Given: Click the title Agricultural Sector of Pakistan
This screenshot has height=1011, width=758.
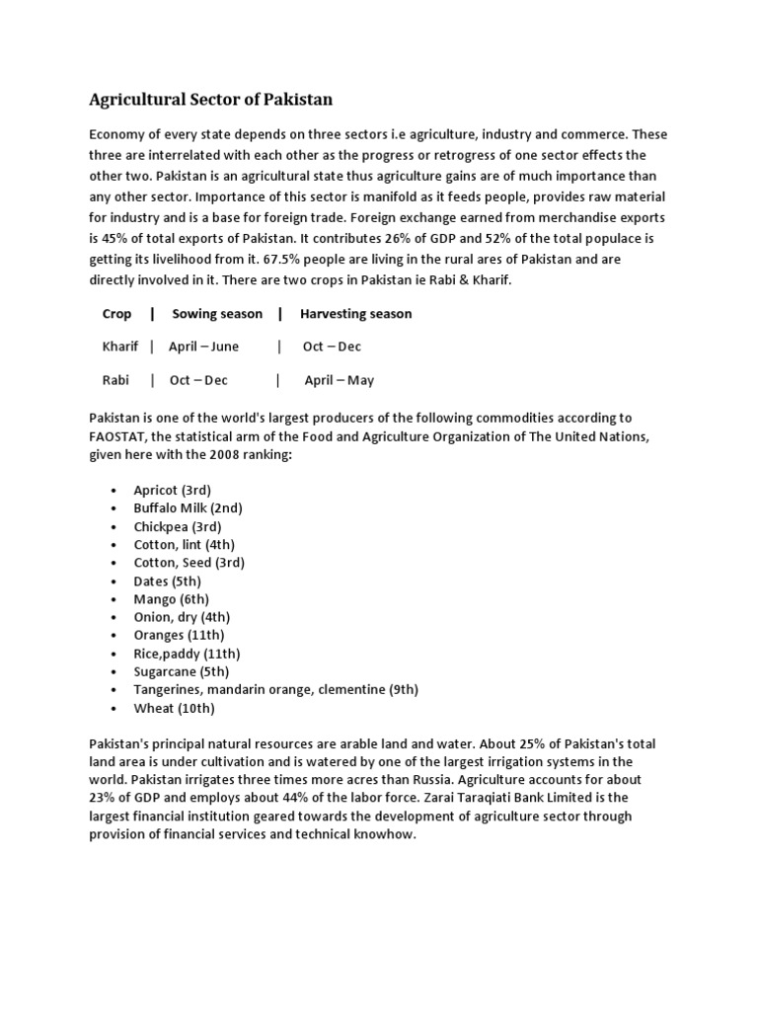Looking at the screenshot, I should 211,100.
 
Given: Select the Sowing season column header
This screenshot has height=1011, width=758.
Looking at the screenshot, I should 217,314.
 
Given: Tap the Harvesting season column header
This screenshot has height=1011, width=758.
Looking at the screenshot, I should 355,314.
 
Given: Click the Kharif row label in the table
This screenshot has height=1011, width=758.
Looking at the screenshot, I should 120,347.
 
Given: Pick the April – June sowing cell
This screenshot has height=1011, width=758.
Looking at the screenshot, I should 203,347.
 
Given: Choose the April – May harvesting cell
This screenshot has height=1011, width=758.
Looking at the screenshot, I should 339,380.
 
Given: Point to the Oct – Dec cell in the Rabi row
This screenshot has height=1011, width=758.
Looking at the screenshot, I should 197,380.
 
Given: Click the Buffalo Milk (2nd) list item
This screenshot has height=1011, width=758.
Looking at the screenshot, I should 188,507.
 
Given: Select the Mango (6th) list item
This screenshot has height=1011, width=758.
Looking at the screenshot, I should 171,598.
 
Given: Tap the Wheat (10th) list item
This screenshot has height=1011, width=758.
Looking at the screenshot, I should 174,708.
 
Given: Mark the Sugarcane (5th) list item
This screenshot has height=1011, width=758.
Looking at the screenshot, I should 183,671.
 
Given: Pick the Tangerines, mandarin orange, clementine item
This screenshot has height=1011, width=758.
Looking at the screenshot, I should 275,689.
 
